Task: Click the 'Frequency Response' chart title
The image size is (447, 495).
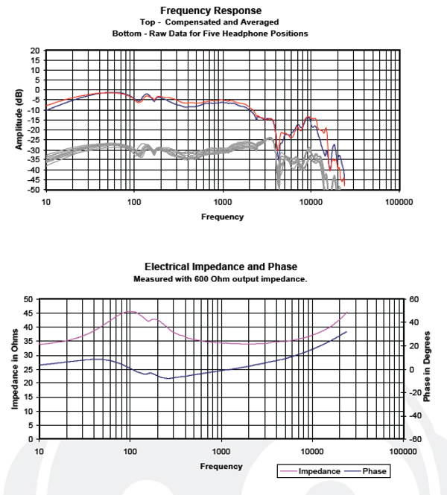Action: tap(211, 10)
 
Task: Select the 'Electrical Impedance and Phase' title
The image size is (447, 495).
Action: tap(221, 266)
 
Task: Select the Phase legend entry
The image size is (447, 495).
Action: tap(366, 471)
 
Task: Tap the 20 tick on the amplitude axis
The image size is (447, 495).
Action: tap(35, 51)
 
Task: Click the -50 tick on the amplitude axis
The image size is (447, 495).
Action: tap(34, 190)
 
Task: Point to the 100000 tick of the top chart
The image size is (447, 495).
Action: tap(399, 201)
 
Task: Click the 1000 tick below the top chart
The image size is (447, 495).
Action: tap(222, 201)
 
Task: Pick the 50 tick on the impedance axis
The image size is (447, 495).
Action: tap(28, 299)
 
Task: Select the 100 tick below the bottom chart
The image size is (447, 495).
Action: tap(130, 451)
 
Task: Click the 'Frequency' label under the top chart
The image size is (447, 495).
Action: tap(222, 217)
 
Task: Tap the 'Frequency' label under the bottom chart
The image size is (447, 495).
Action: tap(221, 466)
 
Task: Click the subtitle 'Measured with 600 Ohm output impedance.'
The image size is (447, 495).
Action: tap(221, 279)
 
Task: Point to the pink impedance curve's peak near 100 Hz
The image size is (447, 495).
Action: tap(130, 311)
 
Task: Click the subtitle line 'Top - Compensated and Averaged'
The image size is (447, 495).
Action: tap(211, 22)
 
